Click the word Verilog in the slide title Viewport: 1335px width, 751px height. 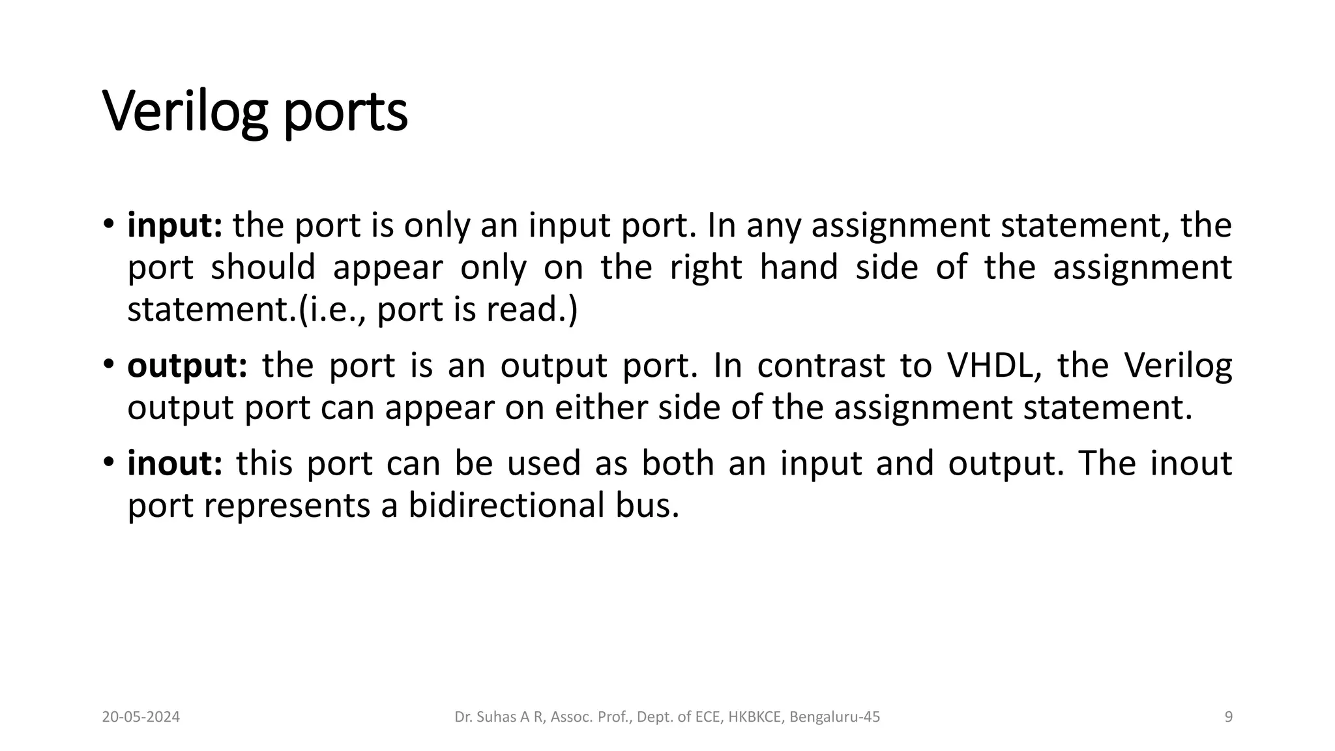point(185,112)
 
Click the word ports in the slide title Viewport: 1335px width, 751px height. point(345,112)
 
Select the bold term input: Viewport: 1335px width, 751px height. point(175,226)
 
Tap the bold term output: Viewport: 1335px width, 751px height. point(187,366)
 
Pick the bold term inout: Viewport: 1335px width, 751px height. point(175,464)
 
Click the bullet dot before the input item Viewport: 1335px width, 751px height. point(108,226)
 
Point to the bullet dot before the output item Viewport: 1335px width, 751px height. point(108,366)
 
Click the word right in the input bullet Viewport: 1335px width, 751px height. point(706,267)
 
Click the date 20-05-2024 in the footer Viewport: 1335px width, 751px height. point(141,717)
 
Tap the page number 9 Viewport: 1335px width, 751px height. point(1228,717)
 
